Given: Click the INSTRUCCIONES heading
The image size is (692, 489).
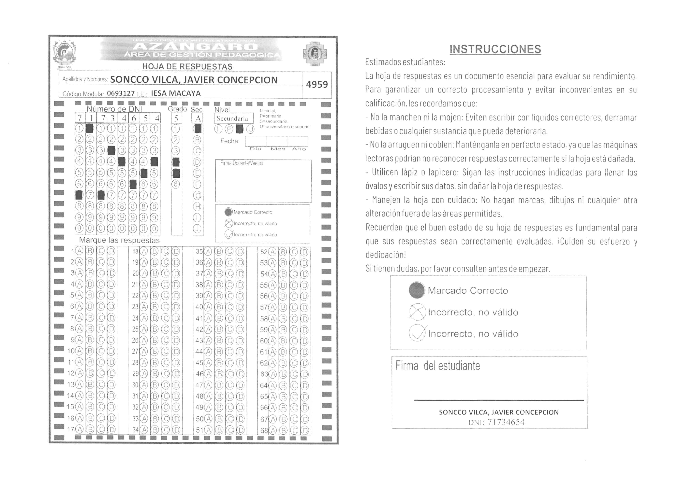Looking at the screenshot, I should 495,49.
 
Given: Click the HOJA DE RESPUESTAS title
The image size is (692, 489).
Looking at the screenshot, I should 187,66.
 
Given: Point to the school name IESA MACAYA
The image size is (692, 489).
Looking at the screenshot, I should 176,93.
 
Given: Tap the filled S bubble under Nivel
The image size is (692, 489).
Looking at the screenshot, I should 239,129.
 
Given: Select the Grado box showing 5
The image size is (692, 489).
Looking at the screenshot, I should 176,118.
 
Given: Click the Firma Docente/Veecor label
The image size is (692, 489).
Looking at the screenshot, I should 242,163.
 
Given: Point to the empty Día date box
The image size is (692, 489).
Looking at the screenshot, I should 255,141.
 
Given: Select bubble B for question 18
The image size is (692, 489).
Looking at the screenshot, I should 154,251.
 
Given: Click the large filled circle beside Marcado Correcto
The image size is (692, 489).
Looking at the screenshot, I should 417,290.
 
